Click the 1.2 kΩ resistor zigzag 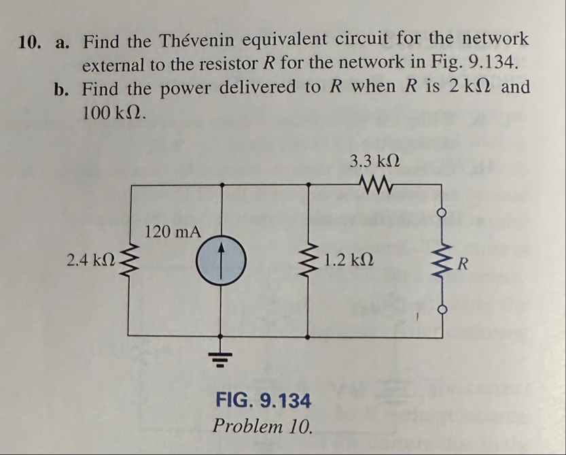pos(311,261)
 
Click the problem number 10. pos(32,41)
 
